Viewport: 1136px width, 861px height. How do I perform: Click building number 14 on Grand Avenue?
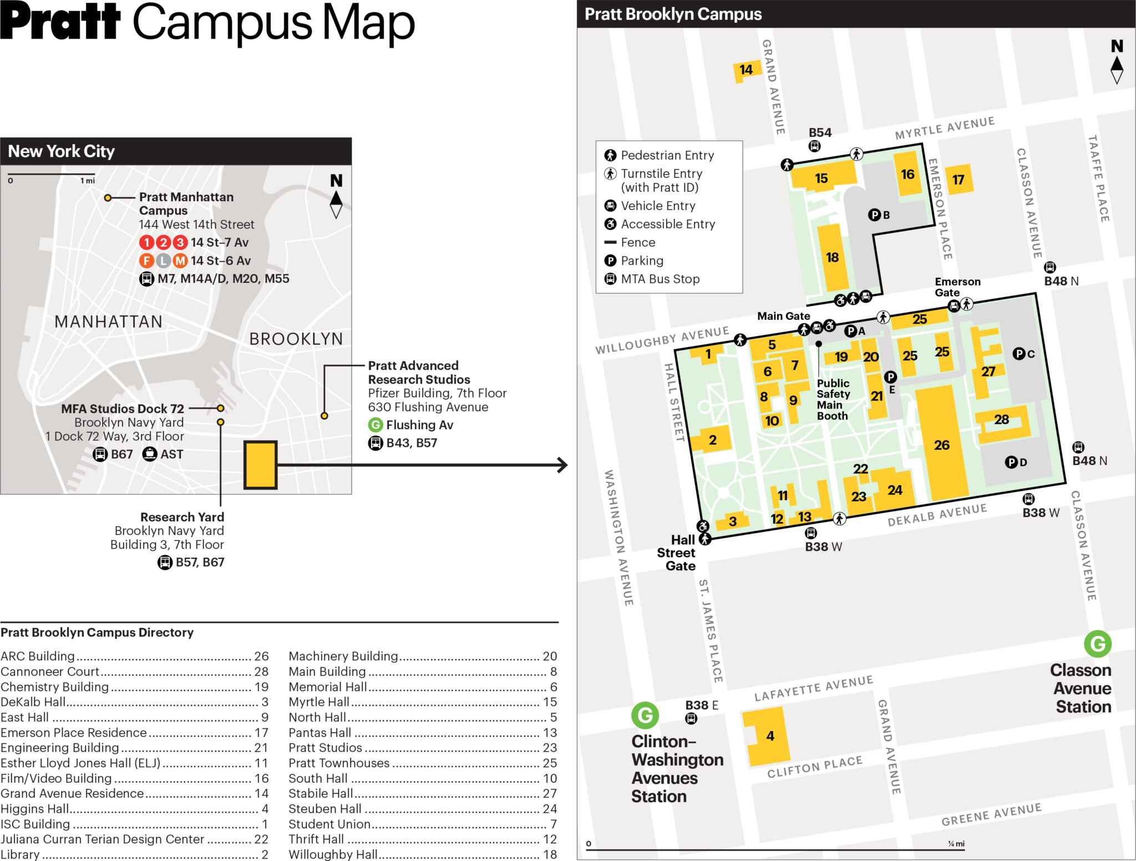click(746, 70)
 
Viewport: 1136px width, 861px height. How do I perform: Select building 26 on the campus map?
click(941, 445)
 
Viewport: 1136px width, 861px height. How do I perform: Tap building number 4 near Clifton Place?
click(770, 736)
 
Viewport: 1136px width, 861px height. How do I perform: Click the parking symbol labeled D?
click(1011, 462)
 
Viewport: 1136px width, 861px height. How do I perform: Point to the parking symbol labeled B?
click(874, 215)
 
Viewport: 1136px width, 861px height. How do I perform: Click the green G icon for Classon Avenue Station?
click(1097, 644)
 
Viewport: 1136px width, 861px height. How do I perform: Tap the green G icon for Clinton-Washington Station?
click(645, 715)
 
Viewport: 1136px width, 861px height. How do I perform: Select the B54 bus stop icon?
click(814, 146)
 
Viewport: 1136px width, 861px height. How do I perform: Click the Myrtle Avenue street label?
click(945, 128)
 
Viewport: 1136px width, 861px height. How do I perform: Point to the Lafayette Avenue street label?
click(813, 689)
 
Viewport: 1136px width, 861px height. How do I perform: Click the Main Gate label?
click(783, 316)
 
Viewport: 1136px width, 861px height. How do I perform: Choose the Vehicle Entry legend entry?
click(658, 206)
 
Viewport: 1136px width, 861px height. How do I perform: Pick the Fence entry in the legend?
click(638, 242)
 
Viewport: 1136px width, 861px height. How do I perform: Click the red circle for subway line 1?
click(146, 242)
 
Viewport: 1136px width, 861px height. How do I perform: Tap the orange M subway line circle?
click(180, 261)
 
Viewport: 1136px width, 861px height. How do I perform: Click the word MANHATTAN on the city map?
click(108, 322)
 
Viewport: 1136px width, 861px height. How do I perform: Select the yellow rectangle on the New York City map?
click(260, 465)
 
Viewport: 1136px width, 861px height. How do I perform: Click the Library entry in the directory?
click(21, 854)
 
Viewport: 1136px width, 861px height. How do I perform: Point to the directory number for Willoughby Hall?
click(550, 854)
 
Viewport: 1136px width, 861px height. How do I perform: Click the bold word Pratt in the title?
click(60, 22)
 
